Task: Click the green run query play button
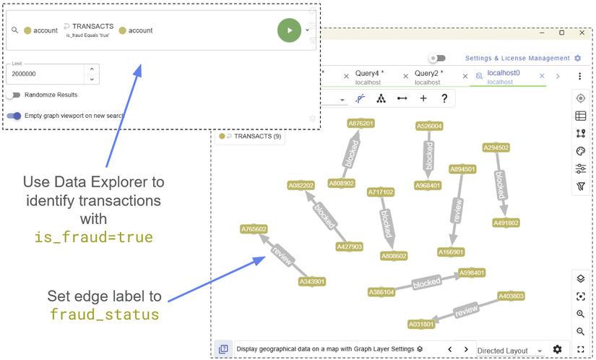click(289, 30)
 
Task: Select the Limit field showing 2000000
click(45, 74)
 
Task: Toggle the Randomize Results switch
click(13, 95)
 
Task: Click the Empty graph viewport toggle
click(14, 116)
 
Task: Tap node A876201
click(361, 124)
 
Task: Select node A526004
click(429, 127)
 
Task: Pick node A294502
click(496, 147)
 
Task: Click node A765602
click(254, 229)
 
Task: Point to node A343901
click(312, 281)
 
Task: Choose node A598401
click(471, 273)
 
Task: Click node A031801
click(421, 325)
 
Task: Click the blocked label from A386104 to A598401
click(426, 283)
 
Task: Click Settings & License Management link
click(517, 58)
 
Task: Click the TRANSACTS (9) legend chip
click(250, 136)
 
